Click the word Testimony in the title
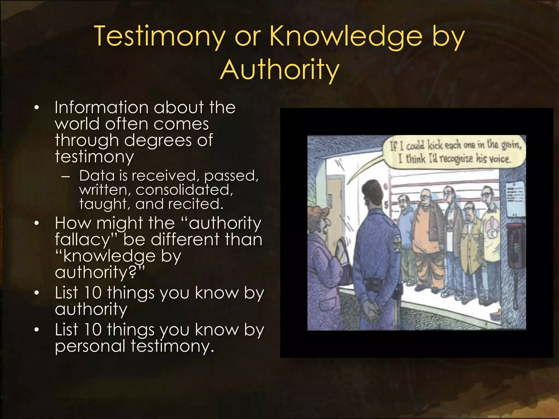click(160, 36)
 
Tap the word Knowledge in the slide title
click(346, 36)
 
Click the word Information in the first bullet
click(102, 107)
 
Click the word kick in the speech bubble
click(435, 145)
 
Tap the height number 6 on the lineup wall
click(386, 187)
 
